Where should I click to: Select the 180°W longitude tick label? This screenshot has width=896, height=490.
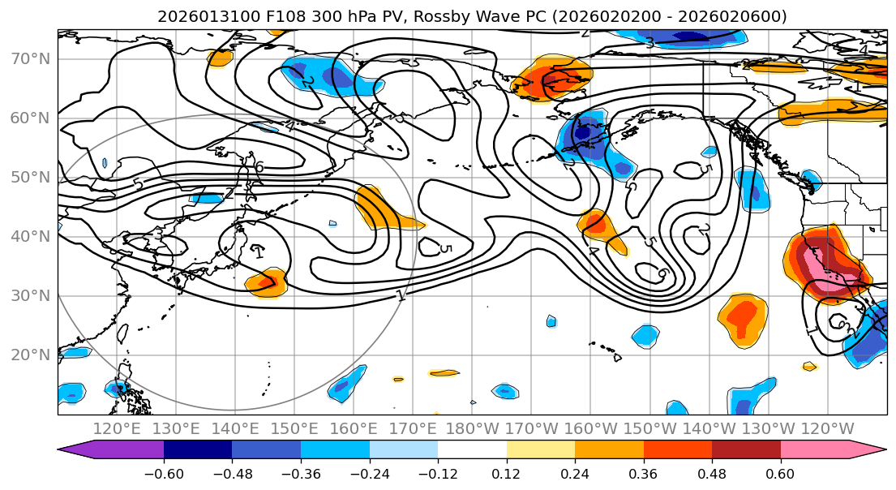point(470,428)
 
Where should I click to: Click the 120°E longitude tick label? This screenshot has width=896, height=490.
point(117,428)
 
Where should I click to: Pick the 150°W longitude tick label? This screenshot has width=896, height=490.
point(649,428)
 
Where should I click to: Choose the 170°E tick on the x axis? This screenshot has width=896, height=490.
point(411,428)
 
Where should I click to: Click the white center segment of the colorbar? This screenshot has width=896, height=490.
point(472,450)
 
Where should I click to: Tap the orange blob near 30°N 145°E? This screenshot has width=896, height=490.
point(268,283)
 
